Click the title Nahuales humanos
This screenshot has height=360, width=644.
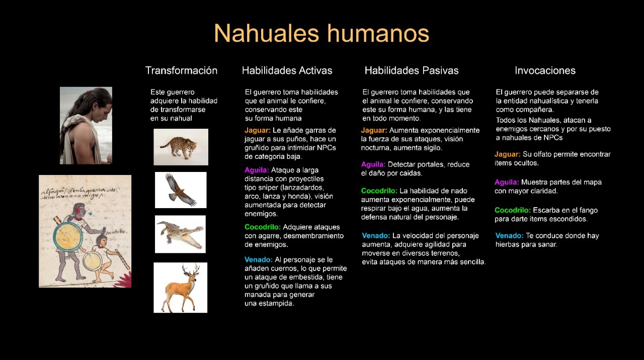(x=321, y=33)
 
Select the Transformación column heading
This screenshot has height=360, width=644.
(x=181, y=70)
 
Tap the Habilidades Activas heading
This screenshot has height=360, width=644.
(x=287, y=70)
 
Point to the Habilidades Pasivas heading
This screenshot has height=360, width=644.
(x=412, y=70)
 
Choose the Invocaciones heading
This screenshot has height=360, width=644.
(x=545, y=70)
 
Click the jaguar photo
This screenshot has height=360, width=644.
(x=181, y=147)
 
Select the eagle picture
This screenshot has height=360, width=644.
(x=181, y=190)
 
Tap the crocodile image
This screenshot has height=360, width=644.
(x=180, y=234)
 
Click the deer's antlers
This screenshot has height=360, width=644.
(x=191, y=269)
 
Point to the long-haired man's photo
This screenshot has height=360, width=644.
(x=86, y=126)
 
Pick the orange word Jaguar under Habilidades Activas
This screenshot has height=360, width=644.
(x=257, y=130)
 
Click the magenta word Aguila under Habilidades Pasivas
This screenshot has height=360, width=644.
(x=373, y=164)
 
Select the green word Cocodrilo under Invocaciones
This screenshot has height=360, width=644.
(x=513, y=210)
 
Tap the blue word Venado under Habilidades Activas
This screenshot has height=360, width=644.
(x=259, y=260)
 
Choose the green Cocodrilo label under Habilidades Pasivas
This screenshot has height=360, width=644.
(x=379, y=191)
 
